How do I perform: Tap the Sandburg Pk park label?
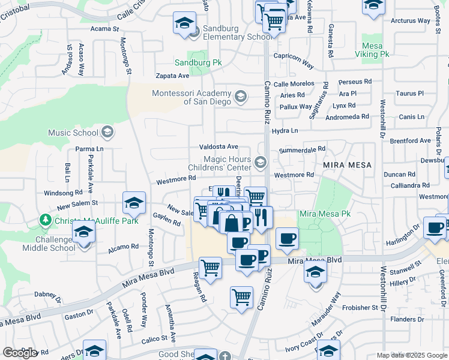click(198, 62)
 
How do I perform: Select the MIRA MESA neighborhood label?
click(347, 164)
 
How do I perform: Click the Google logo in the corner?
click(19, 352)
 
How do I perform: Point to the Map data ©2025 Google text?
click(411, 355)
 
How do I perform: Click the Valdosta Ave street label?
click(219, 147)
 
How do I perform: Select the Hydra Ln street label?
click(285, 130)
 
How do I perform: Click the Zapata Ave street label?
click(172, 76)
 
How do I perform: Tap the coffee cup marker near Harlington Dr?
click(434, 227)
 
